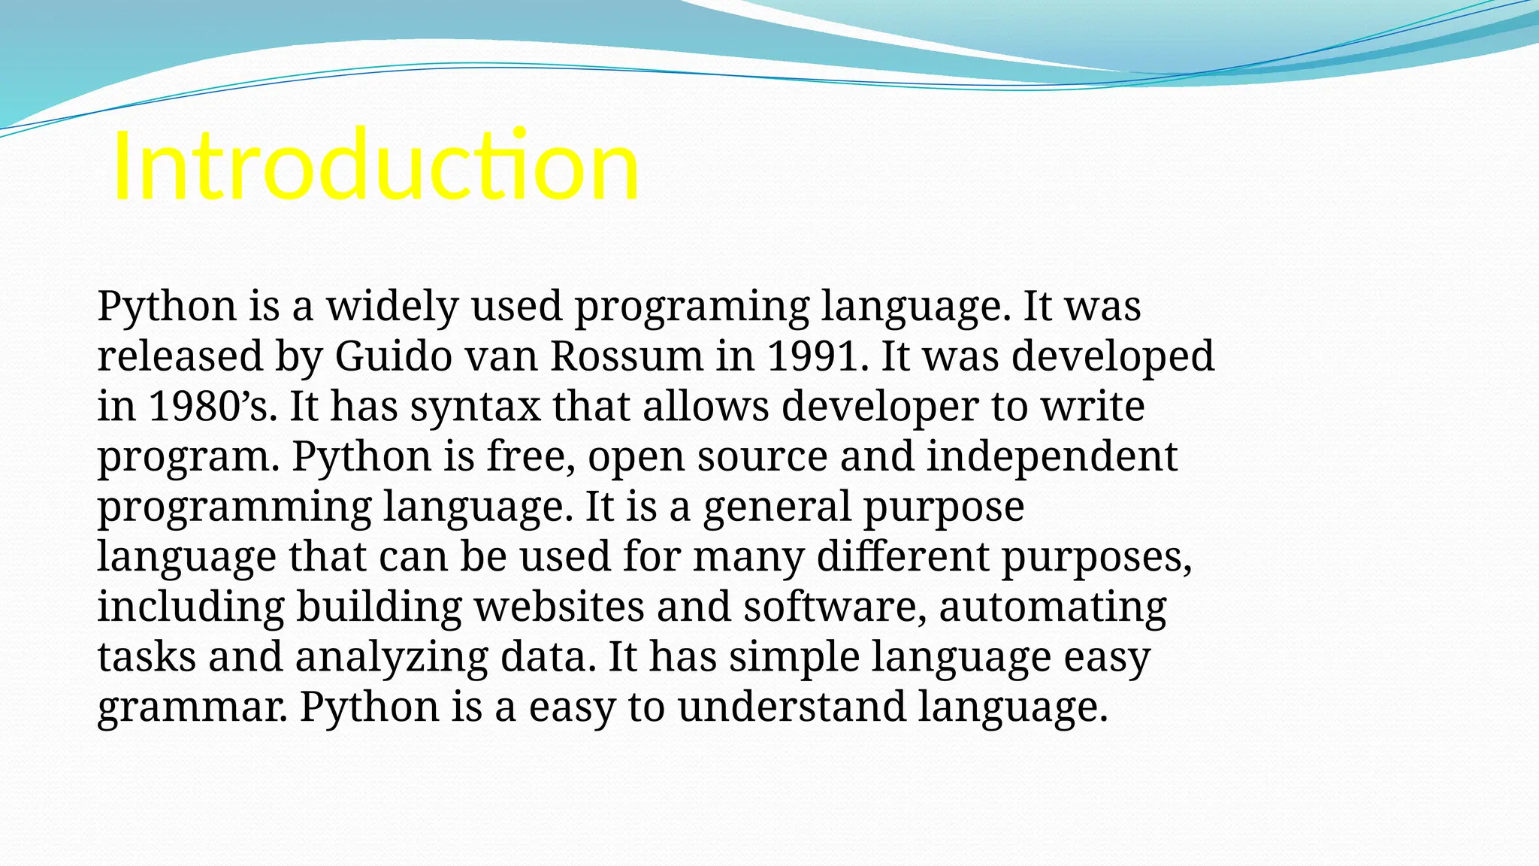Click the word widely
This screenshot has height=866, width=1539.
[392, 306]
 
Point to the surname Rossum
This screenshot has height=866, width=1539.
[627, 356]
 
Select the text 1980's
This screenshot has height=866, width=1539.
[213, 406]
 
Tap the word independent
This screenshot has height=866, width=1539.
[1052, 456]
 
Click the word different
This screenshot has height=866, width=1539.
[903, 556]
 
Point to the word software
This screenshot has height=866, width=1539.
[835, 606]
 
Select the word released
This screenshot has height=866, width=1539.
[180, 356]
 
